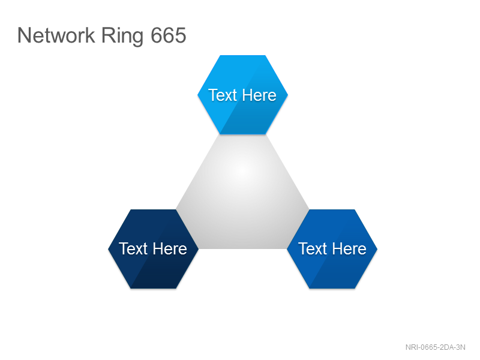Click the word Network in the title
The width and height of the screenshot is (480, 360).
click(x=56, y=35)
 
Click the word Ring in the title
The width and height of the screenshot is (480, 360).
click(x=122, y=37)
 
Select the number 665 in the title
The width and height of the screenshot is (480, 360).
click(x=169, y=35)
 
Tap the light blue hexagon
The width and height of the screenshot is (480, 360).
click(x=243, y=95)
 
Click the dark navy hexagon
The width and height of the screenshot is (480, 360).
click(x=154, y=249)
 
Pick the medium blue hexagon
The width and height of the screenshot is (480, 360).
click(x=332, y=249)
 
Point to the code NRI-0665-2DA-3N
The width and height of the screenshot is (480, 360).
click(x=436, y=347)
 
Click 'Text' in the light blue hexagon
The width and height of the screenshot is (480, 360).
click(x=223, y=95)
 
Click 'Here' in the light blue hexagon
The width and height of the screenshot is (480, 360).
click(x=260, y=95)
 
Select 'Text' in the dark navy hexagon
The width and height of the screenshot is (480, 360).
click(x=133, y=248)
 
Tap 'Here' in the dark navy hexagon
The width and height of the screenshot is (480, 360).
click(x=170, y=248)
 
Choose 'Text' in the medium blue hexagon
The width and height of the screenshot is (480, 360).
click(x=313, y=248)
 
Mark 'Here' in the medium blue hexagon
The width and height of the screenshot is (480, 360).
click(x=350, y=248)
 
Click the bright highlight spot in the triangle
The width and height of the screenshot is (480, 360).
click(x=243, y=170)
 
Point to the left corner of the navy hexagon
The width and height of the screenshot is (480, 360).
click(x=109, y=249)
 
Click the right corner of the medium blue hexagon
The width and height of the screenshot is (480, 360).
click(x=377, y=249)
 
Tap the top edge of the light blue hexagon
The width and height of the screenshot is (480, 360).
click(x=243, y=55)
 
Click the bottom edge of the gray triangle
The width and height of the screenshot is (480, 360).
click(x=243, y=248)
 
